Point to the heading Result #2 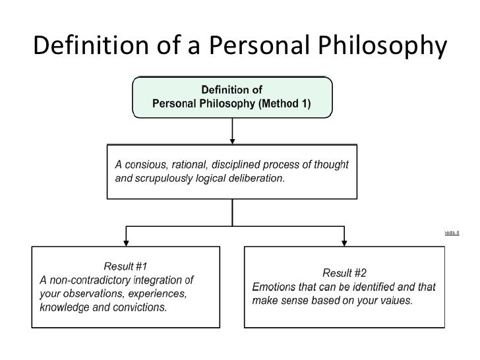coord(345,272)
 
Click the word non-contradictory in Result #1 coord(90,280)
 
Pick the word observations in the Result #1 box coord(92,293)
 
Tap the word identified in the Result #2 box coord(366,287)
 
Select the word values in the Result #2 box coord(395,301)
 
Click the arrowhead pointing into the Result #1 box coord(127,241)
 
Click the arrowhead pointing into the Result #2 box coord(345,241)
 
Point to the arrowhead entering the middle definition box coord(232,140)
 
